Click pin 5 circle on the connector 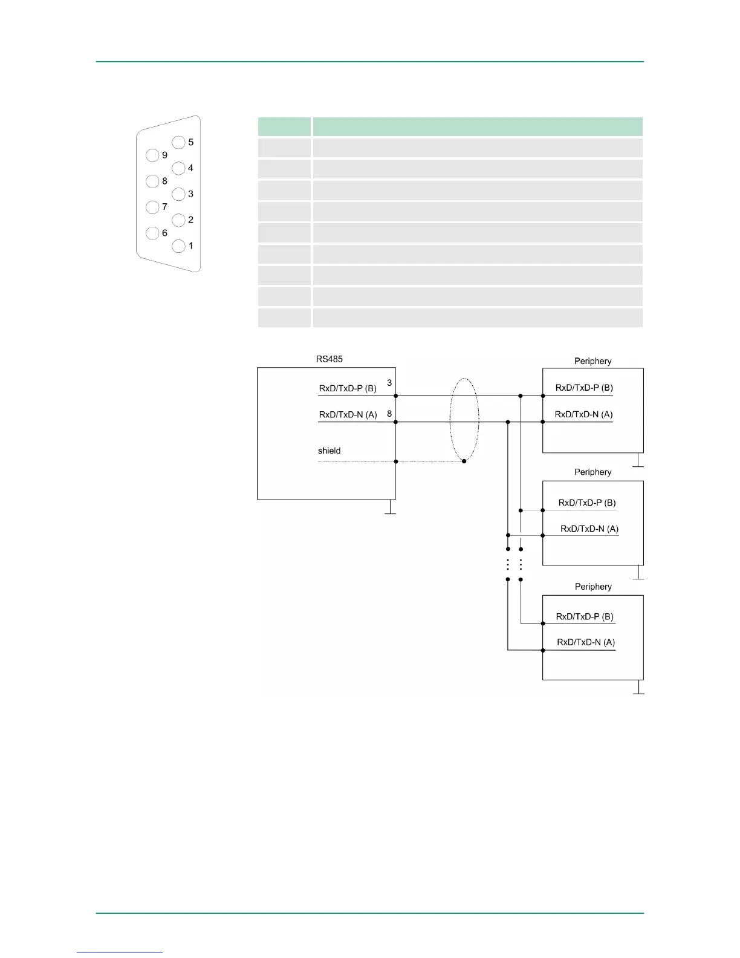(x=178, y=142)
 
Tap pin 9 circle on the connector (x=152, y=155)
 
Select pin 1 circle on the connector (x=178, y=246)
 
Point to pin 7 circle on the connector (x=152, y=207)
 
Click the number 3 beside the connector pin (x=191, y=194)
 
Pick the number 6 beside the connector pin (x=164, y=233)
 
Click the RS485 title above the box (x=329, y=359)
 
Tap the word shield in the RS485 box (x=329, y=451)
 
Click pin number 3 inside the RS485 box (x=389, y=382)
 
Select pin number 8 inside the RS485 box (x=389, y=414)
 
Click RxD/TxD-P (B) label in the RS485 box (x=348, y=388)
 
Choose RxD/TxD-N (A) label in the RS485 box (x=348, y=414)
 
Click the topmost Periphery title (x=592, y=361)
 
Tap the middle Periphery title (x=592, y=472)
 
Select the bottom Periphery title (x=593, y=587)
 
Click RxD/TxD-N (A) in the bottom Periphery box (x=586, y=642)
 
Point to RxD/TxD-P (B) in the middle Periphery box (x=587, y=503)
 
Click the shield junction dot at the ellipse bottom (x=464, y=461)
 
